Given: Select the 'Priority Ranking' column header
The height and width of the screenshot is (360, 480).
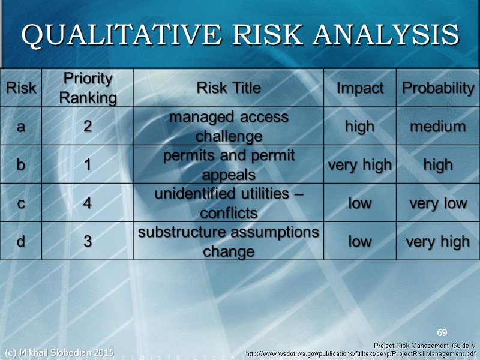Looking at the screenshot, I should [88, 88].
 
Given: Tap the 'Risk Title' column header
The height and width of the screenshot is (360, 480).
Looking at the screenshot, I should [229, 88].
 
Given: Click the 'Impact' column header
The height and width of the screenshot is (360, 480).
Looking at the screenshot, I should [360, 88].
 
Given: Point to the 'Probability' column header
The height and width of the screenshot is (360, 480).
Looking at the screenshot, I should [438, 88].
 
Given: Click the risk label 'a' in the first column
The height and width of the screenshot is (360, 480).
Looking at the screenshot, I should [21, 127].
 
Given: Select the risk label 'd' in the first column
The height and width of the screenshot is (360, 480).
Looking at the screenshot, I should [21, 241].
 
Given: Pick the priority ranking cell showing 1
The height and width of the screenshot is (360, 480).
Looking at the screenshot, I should [88, 165].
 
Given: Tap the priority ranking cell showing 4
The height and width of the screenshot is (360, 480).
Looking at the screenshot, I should [88, 203].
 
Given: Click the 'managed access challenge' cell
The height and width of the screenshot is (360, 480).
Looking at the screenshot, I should [229, 127].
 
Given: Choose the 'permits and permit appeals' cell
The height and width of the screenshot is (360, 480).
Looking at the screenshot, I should [229, 165].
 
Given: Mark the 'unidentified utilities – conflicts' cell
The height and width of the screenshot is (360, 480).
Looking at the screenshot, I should [229, 203].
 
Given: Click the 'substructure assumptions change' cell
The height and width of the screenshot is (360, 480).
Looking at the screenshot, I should [229, 241].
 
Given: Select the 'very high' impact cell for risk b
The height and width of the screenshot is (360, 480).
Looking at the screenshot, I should [360, 165].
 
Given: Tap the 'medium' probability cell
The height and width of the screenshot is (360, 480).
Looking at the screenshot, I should [438, 127].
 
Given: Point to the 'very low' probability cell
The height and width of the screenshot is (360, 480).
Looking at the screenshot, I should [438, 203].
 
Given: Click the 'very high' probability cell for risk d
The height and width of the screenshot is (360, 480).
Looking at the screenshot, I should [438, 241].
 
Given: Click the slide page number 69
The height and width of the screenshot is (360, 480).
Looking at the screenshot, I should [442, 332].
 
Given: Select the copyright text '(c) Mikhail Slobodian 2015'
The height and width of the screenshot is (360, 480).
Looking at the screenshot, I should [59, 352].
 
